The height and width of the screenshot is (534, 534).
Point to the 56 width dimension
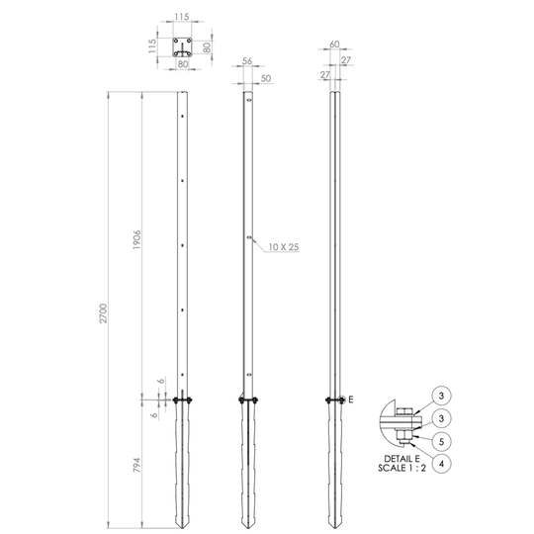pos(246,60)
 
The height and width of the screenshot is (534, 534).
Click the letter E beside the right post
pos(351,399)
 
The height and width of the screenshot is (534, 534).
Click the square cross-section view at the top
pos(182,46)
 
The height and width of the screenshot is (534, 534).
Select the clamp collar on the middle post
pos(248,400)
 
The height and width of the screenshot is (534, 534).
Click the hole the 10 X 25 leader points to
pos(248,237)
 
